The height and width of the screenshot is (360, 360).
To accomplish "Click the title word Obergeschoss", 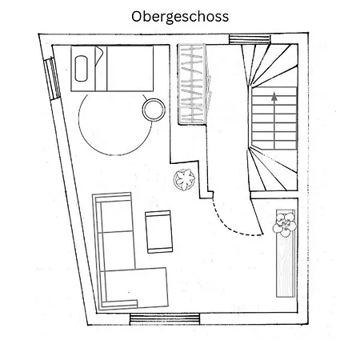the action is click(x=180, y=17).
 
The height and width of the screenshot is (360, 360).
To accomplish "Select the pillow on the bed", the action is click(x=81, y=69).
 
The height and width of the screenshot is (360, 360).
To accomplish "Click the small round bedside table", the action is click(x=154, y=110).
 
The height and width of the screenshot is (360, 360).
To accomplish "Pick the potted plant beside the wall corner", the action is click(x=184, y=179).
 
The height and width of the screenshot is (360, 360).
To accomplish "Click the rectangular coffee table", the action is click(x=159, y=232).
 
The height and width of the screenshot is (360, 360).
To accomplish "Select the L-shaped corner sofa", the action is click(x=130, y=251).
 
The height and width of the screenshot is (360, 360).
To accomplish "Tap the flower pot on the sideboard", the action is click(x=285, y=225).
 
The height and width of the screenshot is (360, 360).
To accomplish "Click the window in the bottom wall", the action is click(x=165, y=319).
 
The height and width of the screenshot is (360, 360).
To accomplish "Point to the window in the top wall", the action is click(x=250, y=39).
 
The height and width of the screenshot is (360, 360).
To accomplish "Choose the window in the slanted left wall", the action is click(x=52, y=78).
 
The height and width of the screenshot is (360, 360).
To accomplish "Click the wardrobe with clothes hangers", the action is click(x=192, y=84).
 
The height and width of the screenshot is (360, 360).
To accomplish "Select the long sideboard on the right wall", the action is click(x=286, y=254).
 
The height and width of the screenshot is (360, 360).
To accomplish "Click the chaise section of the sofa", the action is click(x=134, y=287).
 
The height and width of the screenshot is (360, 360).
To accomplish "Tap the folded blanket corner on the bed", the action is click(x=98, y=54).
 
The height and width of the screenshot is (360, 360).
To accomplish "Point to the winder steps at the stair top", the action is click(x=270, y=66).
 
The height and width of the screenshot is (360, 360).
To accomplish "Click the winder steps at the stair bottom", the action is click(x=273, y=170).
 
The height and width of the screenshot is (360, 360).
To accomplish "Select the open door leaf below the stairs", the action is click(x=257, y=216).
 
